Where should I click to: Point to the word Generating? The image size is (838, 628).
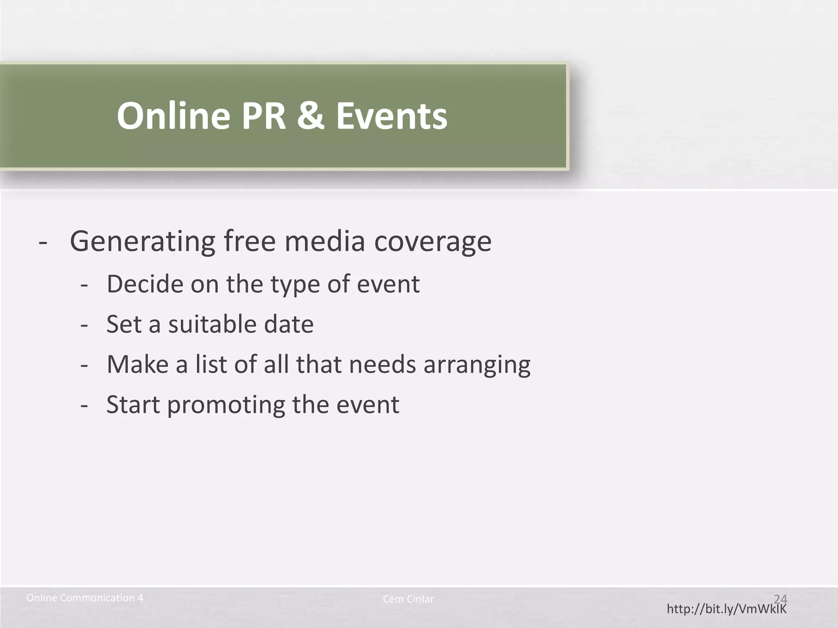click(x=142, y=241)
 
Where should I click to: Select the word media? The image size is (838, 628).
click(x=324, y=241)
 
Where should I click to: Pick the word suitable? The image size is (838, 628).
click(x=212, y=324)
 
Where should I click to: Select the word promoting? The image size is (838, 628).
click(x=226, y=405)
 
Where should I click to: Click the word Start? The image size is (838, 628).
click(x=133, y=404)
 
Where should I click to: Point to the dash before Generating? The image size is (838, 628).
click(x=43, y=242)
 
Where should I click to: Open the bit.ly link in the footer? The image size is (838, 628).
click(x=726, y=609)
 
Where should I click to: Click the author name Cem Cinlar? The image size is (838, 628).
click(x=408, y=599)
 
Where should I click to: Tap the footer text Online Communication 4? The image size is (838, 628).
click(x=85, y=598)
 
